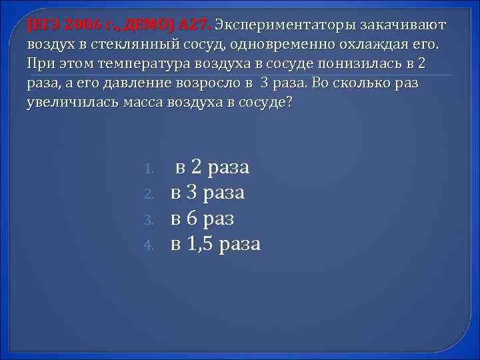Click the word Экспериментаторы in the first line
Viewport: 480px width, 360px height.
tap(285, 25)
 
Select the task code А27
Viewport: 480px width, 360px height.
tap(194, 25)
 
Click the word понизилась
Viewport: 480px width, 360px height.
tap(357, 65)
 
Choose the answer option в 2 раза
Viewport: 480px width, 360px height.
tap(212, 167)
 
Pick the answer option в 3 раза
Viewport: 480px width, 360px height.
tap(207, 193)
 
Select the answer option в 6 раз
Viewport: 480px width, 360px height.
tap(203, 218)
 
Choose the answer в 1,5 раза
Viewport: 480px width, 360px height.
tap(215, 243)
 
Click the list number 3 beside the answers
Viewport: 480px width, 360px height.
tap(150, 219)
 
